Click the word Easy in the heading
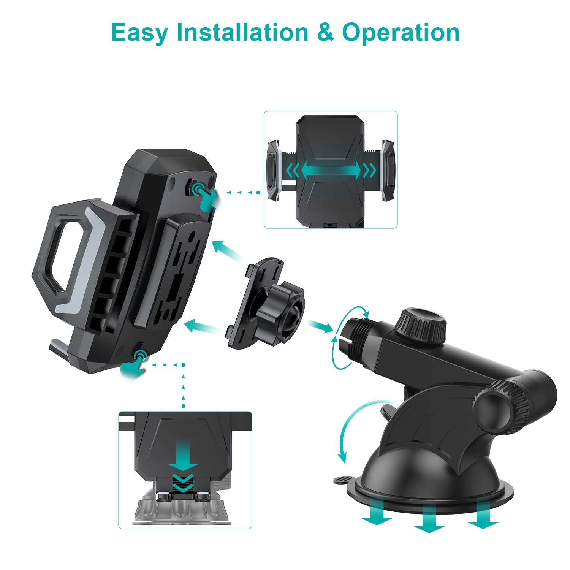139,33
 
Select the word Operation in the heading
401,33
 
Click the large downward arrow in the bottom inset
184,456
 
